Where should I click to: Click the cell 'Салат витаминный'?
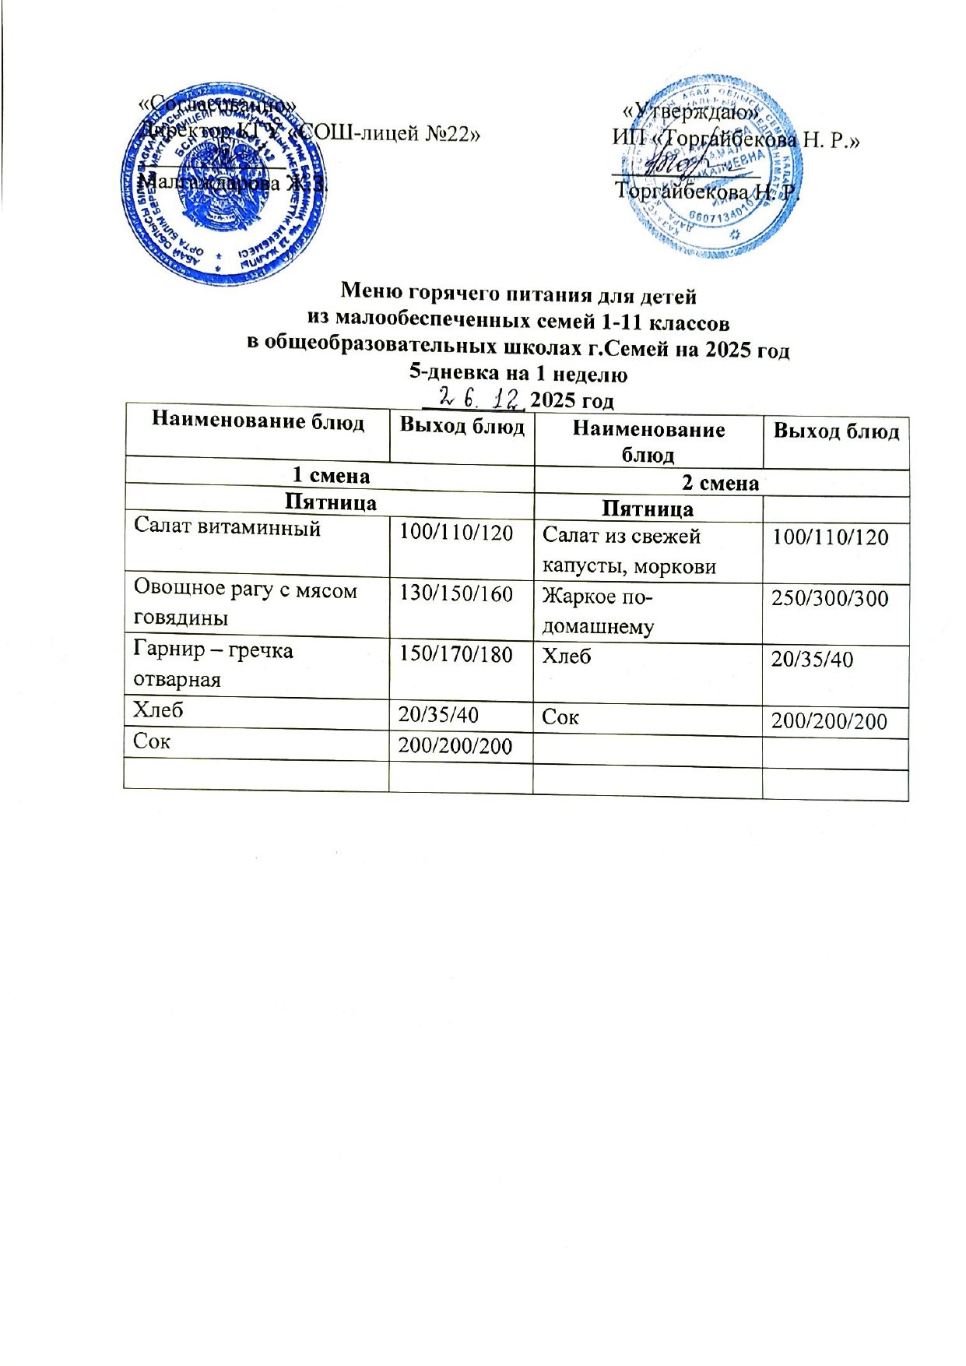click(227, 527)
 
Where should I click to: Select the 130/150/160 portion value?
click(456, 593)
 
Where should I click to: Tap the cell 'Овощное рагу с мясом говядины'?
click(245, 604)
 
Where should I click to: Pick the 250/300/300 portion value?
click(830, 598)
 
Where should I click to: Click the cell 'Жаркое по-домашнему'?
click(598, 612)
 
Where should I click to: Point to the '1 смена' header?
click(330, 475)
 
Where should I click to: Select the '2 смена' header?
click(720, 483)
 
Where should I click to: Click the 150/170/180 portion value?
click(456, 653)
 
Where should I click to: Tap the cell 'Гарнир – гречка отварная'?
click(213, 664)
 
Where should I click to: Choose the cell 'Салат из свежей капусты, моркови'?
click(629, 551)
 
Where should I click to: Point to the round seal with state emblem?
click(224, 179)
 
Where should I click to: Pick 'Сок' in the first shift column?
click(152, 741)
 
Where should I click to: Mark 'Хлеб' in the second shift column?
click(567, 657)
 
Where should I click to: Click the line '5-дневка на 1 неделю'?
click(518, 374)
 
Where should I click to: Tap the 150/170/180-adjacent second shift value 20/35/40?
click(812, 660)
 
